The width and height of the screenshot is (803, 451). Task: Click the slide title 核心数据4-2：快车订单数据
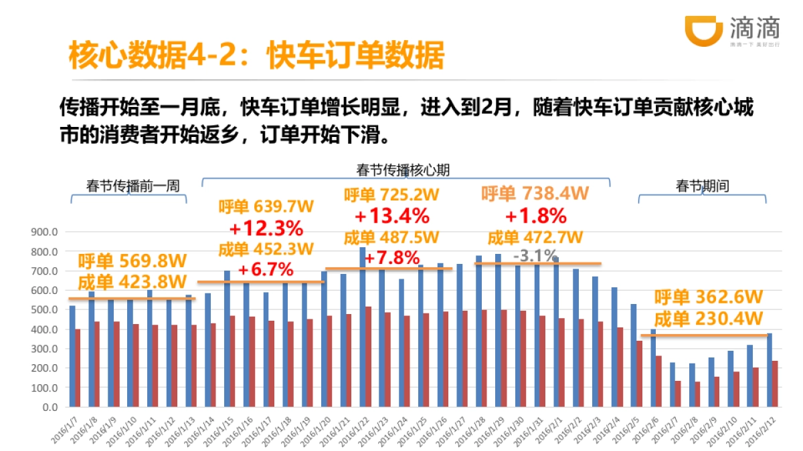[256, 56]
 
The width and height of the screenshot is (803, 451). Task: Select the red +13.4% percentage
[391, 216]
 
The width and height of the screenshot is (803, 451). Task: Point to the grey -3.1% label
[535, 255]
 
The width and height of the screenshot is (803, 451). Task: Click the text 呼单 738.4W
[535, 194]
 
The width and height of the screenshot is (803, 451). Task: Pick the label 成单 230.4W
[709, 318]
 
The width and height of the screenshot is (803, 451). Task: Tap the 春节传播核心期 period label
[403, 170]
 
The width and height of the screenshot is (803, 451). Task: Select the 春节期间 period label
[702, 186]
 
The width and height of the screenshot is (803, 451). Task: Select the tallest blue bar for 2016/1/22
[363, 327]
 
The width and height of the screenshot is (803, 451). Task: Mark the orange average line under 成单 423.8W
[132, 298]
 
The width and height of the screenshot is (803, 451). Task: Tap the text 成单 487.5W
[391, 237]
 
